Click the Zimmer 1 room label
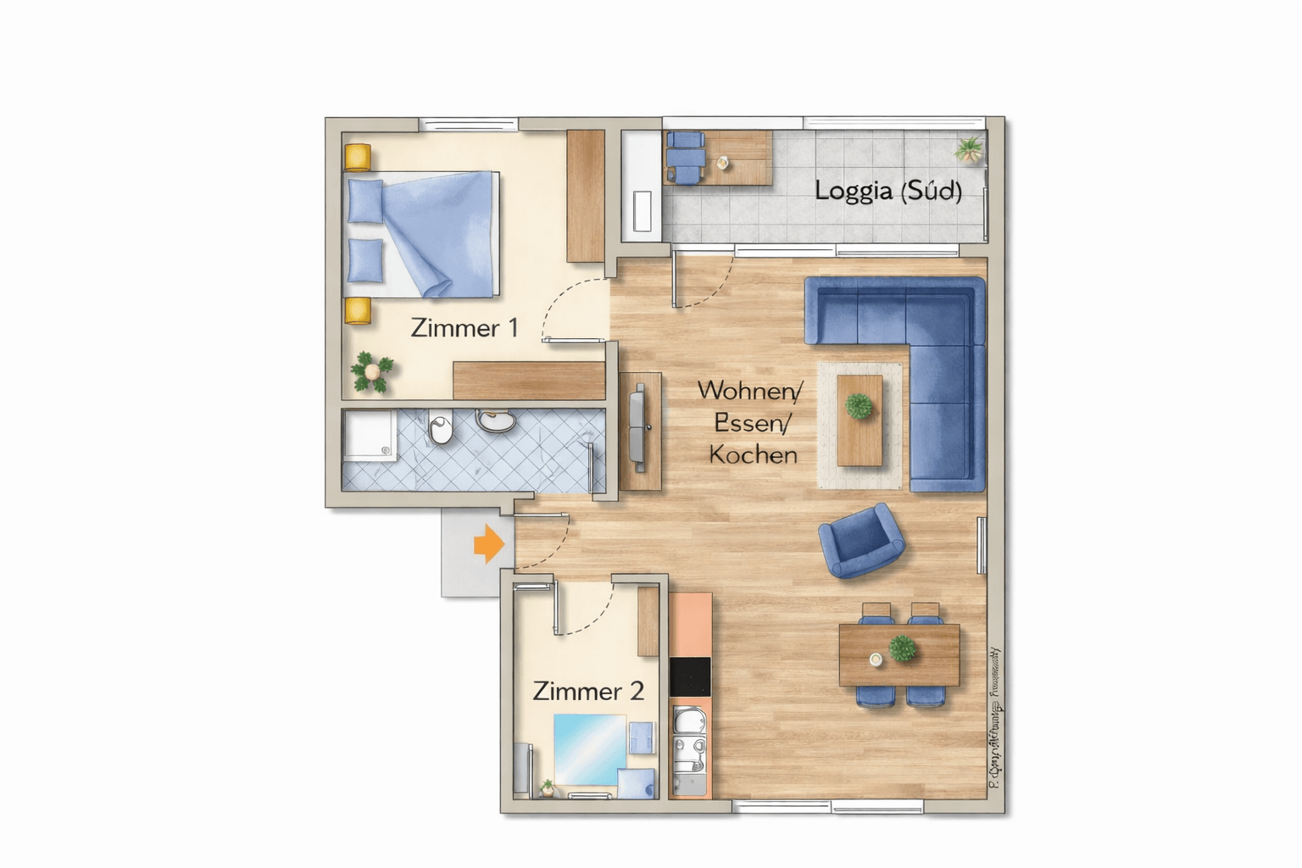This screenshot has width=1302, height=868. (x=464, y=328)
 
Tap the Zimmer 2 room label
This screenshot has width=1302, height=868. (x=588, y=691)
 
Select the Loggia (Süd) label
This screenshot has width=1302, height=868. (x=887, y=191)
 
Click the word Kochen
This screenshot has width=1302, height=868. (x=753, y=455)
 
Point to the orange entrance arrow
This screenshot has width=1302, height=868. (x=488, y=543)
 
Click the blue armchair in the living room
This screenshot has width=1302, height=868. (x=860, y=540)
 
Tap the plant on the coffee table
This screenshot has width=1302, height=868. (x=859, y=406)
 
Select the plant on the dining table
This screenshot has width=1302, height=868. (x=902, y=649)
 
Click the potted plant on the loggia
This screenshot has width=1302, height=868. (x=969, y=150)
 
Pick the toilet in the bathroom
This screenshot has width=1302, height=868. (x=441, y=428)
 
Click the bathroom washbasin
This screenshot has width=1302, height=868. (x=496, y=419)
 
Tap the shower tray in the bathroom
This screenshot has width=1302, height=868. (x=370, y=436)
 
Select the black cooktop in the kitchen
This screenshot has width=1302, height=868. (x=690, y=676)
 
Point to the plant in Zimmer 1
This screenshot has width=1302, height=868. (x=371, y=371)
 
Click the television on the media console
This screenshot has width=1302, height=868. (x=639, y=428)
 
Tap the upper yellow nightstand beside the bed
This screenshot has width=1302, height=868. (x=358, y=158)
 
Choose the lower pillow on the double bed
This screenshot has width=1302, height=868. (x=365, y=259)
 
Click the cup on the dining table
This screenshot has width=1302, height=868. (x=876, y=659)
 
